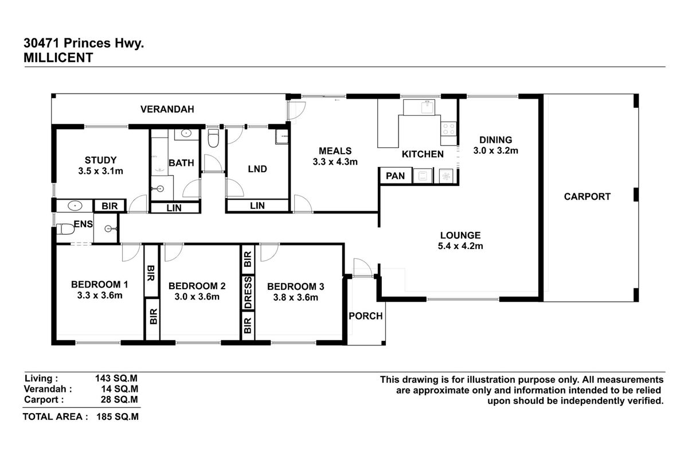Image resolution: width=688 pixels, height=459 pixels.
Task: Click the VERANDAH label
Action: [167, 109]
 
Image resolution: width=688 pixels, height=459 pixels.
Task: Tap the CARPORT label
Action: [587, 196]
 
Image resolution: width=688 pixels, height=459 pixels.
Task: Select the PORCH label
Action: [366, 316]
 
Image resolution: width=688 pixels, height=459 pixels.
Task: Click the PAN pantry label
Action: [394, 176]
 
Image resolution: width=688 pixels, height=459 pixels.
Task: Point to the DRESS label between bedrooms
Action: [248, 293]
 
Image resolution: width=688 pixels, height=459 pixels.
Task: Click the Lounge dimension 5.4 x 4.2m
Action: [460, 247]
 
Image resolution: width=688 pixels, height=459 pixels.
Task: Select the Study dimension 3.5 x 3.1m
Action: [100, 171]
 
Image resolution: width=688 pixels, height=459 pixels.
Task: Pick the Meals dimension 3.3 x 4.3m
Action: [335, 162]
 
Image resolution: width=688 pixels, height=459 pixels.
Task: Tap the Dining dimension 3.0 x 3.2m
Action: [495, 151]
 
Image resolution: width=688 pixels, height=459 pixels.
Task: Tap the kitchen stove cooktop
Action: [448, 130]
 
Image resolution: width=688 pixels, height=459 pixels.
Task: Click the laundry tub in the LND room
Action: [282, 137]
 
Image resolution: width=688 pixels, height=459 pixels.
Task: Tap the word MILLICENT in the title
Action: [58, 57]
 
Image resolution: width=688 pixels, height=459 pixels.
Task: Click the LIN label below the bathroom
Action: [174, 208]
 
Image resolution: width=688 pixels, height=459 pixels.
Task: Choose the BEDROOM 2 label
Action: [197, 286]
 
